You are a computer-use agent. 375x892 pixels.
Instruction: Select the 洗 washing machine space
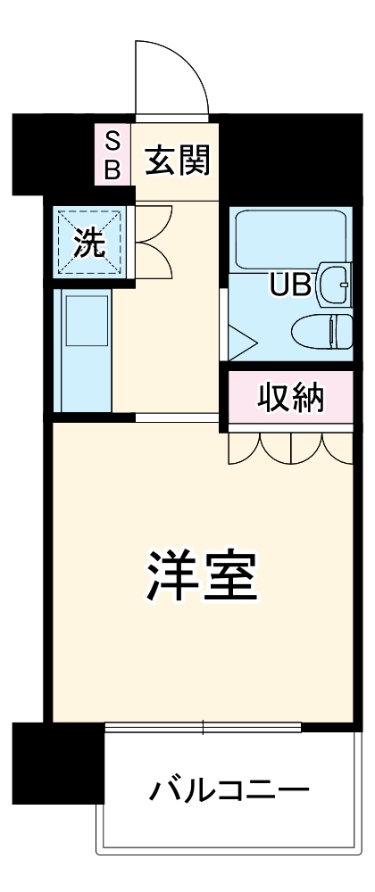pyautogui.click(x=88, y=242)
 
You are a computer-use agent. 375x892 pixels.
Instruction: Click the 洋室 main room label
pyautogui.click(x=203, y=576)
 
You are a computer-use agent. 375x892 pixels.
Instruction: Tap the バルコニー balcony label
pyautogui.click(x=229, y=790)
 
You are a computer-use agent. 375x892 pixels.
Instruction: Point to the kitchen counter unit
pyautogui.click(x=83, y=351)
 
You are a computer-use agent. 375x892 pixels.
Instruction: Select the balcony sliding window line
pyautogui.click(x=203, y=729)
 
